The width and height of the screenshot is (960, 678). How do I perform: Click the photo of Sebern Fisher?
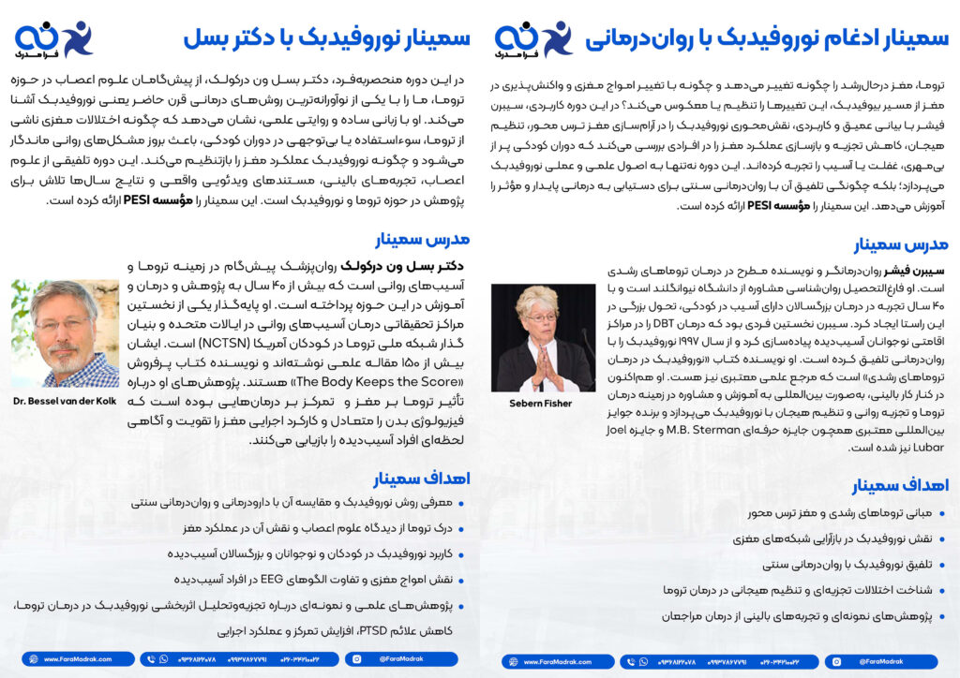tap(543, 338)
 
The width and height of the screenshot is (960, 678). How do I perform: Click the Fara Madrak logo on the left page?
tap(53, 38)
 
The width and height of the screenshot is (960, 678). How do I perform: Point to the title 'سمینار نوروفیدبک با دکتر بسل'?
tap(325, 38)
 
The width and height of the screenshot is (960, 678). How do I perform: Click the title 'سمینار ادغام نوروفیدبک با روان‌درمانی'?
tap(766, 38)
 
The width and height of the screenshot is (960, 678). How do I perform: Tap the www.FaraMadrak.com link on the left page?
tap(70, 659)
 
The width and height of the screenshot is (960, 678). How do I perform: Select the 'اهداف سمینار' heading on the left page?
tap(422, 479)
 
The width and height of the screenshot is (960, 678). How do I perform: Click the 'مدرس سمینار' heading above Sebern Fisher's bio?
tap(901, 245)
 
